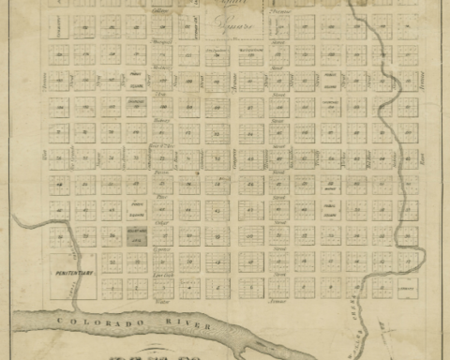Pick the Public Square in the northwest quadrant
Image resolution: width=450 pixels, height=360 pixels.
[x=137, y=79]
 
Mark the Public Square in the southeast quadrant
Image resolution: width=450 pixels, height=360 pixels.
[x=330, y=209]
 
